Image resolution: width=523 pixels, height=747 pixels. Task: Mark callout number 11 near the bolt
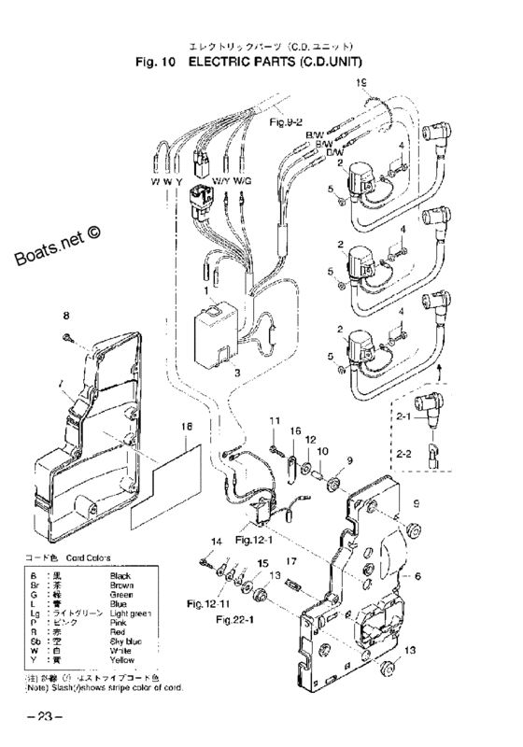pos(276,423)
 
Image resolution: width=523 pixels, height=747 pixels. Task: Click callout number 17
pos(290,561)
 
